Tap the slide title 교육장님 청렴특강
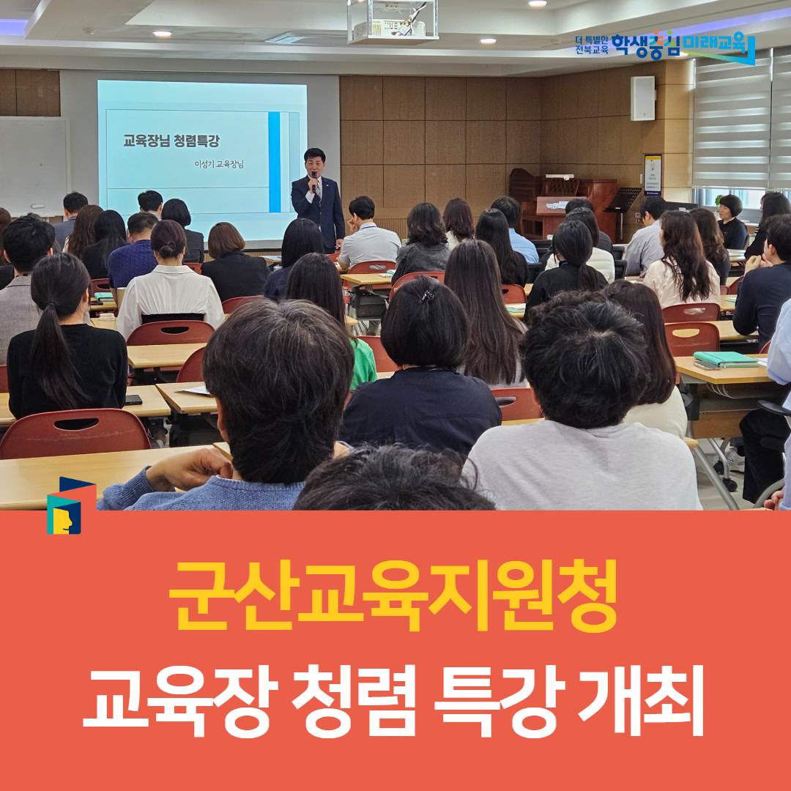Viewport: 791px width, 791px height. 171,141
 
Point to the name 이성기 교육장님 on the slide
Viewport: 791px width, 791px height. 219,164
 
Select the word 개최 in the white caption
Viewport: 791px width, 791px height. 641,700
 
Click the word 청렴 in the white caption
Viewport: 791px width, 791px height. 354,700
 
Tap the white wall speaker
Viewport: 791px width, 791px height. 642,98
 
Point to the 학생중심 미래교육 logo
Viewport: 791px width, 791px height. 665,46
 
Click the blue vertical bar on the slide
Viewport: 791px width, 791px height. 274,162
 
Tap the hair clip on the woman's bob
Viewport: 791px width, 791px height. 428,296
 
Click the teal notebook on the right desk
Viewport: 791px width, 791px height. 726,359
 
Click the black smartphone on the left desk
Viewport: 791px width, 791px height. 133,400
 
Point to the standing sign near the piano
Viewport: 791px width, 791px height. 653,174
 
